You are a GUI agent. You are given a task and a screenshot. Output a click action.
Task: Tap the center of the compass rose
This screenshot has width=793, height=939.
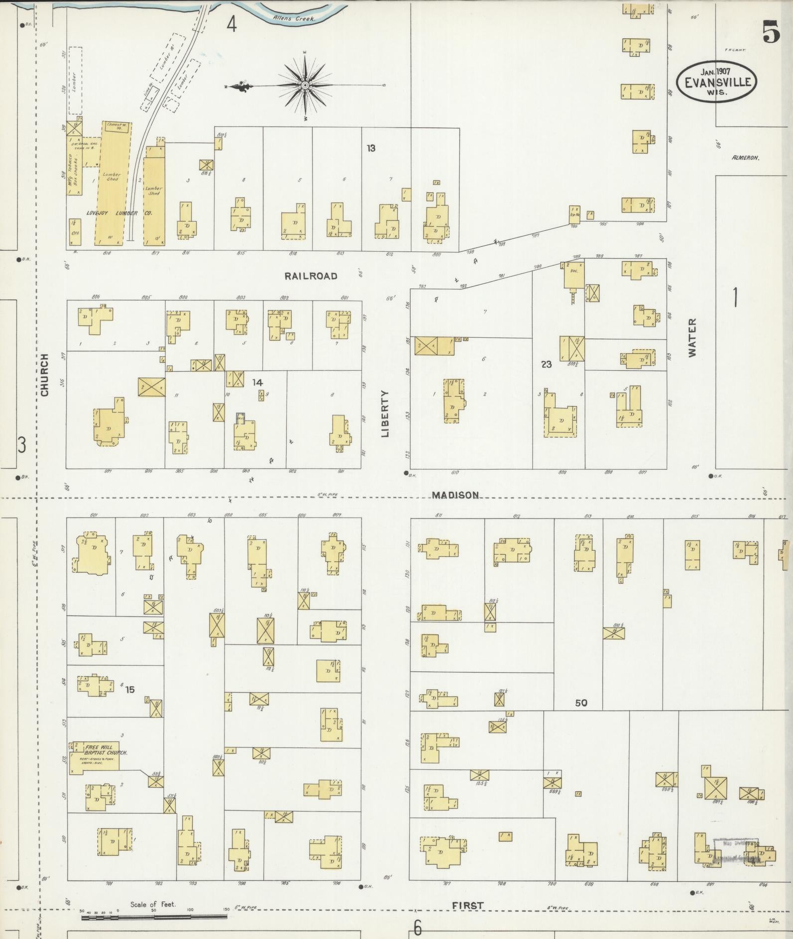[x=305, y=86]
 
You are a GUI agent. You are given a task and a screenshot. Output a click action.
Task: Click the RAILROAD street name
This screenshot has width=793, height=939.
[x=311, y=276]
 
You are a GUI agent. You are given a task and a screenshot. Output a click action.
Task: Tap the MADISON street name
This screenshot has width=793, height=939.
[x=455, y=495]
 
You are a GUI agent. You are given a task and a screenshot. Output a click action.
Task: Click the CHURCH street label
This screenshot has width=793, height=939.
[x=45, y=375]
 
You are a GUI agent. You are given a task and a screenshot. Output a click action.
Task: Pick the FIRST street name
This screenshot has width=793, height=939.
[x=468, y=906]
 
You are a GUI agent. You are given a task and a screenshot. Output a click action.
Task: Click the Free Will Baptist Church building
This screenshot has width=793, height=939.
[x=95, y=757]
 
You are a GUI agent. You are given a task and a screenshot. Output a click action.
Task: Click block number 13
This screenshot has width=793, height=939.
[x=371, y=148]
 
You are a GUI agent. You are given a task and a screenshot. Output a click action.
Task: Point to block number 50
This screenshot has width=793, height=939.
[x=581, y=703]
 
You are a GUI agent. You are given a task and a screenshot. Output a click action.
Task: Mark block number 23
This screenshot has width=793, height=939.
[x=547, y=364]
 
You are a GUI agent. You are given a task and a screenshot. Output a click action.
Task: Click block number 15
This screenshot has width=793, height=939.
[x=130, y=690]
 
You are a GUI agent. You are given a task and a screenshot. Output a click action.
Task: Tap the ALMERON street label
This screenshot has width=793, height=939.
[x=745, y=158]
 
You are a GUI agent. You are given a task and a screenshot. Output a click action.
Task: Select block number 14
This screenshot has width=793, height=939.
[x=257, y=382]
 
